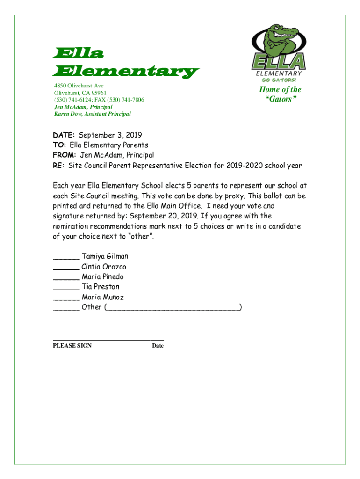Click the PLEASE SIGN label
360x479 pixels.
(72, 346)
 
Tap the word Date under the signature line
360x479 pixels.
(158, 346)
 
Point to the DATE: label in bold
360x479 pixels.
(61, 135)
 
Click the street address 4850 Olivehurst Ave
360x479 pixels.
(79, 86)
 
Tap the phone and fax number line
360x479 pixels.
(99, 100)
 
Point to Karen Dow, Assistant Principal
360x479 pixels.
(93, 114)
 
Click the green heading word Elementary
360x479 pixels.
(126, 72)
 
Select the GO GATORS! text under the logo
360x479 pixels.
(279, 80)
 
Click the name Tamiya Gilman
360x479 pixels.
(105, 256)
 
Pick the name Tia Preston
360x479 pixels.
(101, 287)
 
